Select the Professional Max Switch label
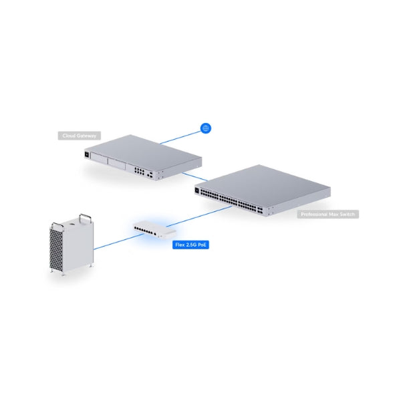pyautogui.click(x=328, y=214)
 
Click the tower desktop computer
pyautogui.click(x=71, y=244)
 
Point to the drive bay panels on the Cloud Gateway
pyautogui.click(x=110, y=162)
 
